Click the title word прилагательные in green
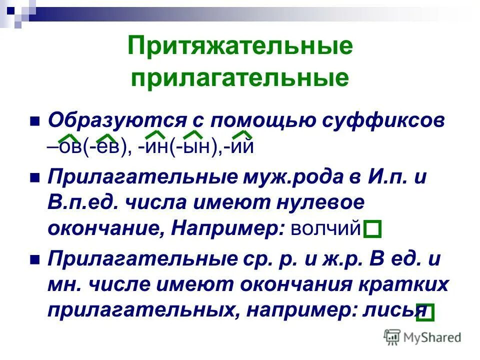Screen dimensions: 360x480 (x=240, y=78)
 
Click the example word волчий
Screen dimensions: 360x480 (x=325, y=228)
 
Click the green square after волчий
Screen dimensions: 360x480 (x=372, y=229)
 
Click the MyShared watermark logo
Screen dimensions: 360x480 (x=422, y=337)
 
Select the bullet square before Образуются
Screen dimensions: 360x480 (x=34, y=122)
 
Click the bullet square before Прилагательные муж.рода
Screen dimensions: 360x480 (x=34, y=178)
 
